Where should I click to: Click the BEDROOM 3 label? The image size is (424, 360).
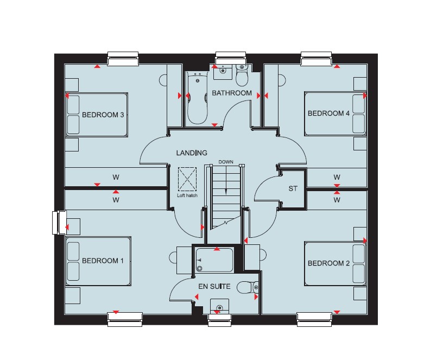point(103,115)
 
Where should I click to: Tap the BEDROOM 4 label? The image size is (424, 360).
point(328,113)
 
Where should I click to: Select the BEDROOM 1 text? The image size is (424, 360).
point(103,261)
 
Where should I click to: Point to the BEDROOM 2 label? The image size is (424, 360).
point(328,263)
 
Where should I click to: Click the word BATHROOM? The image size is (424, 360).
point(232,93)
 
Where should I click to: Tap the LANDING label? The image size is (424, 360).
point(192,153)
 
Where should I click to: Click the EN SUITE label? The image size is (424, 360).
point(214,286)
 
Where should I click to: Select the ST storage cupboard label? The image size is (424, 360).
point(293,188)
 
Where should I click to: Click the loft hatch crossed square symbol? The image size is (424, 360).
point(187,179)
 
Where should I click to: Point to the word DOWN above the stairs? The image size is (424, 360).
point(226,162)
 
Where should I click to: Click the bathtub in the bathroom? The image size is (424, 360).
point(198,99)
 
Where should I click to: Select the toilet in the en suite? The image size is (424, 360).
point(248,288)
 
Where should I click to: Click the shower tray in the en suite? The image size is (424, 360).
point(214,260)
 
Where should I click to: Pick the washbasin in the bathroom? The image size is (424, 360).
point(223,72)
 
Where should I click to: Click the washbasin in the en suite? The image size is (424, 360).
point(219,306)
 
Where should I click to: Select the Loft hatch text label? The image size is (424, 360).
point(187,195)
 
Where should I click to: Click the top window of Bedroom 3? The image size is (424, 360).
point(123,59)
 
